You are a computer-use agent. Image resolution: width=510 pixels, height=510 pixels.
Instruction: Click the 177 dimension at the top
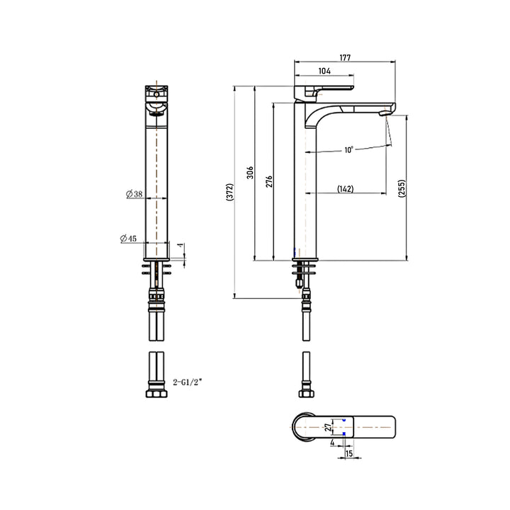coord(346,57)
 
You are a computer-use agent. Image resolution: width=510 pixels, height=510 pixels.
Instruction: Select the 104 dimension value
coord(324,72)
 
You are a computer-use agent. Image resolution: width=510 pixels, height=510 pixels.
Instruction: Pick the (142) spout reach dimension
coord(346,188)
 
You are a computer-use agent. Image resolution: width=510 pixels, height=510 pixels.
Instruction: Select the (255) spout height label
coord(401,188)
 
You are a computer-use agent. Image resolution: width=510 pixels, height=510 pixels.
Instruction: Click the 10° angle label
coord(349,149)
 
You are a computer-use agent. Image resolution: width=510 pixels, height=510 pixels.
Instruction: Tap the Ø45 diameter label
coord(130,238)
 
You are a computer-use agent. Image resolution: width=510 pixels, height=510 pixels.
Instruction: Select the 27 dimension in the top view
coord(328,428)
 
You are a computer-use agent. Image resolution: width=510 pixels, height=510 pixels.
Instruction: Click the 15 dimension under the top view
coord(348,453)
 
